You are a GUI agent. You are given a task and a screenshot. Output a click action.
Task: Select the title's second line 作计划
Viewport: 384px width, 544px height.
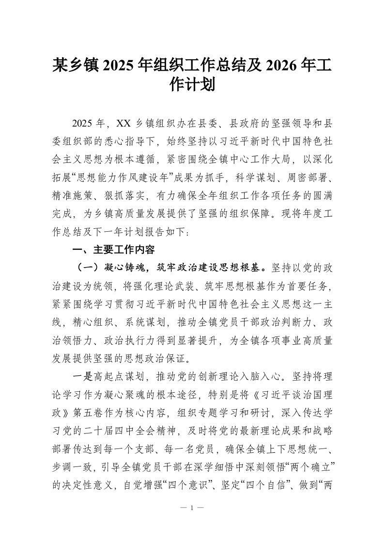[192, 85]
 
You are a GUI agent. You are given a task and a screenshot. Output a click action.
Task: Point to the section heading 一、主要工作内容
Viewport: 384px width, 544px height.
[113, 250]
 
